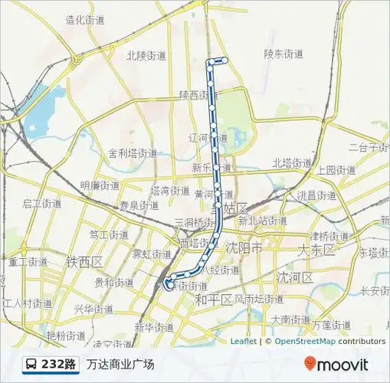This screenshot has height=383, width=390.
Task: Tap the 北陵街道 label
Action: pyautogui.click(x=146, y=55)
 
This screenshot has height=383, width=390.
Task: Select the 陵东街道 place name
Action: pyautogui.click(x=283, y=54)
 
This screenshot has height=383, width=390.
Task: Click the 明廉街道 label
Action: pyautogui.click(x=100, y=185)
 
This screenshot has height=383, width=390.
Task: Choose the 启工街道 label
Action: pyautogui.click(x=41, y=203)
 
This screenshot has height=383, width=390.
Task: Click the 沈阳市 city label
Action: pyautogui.click(x=244, y=249)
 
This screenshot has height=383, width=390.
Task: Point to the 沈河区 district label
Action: pyautogui.click(x=294, y=277)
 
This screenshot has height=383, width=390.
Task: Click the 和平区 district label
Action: pyautogui.click(x=214, y=299)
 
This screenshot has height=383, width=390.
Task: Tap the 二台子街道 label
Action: pyautogui.click(x=369, y=147)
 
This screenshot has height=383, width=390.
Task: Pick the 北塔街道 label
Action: pyautogui.click(x=292, y=163)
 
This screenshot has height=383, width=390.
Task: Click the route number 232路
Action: pyautogui.click(x=59, y=364)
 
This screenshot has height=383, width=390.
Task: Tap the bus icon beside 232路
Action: pyautogui.click(x=30, y=364)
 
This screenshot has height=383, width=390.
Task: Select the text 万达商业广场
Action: pyautogui.click(x=120, y=364)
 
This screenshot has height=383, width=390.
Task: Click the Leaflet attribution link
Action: pyautogui.click(x=243, y=342)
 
